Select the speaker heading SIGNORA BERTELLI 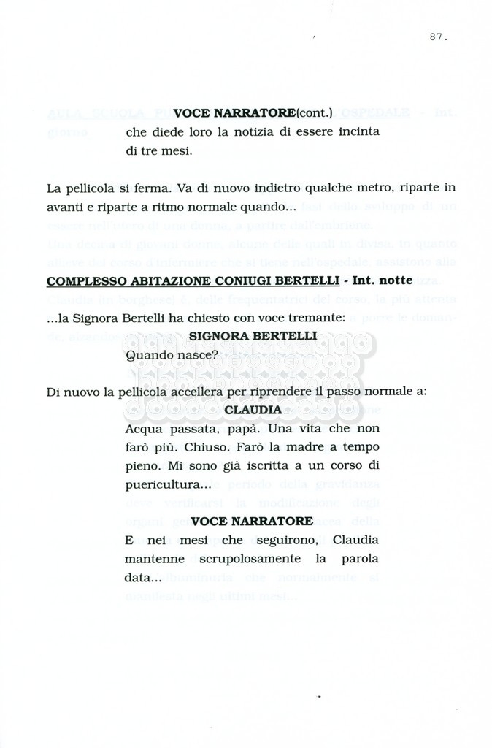(x=253, y=336)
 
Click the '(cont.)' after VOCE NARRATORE (x=314, y=112)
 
